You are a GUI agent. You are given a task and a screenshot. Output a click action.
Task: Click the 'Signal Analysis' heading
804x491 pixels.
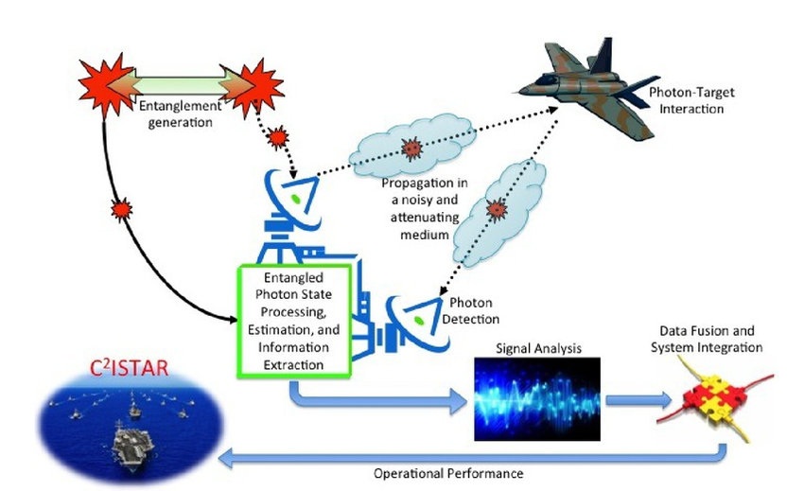(x=537, y=348)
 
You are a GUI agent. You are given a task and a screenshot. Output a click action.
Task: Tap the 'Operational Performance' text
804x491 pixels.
(x=446, y=472)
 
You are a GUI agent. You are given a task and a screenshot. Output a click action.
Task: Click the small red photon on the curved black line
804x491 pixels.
(x=119, y=206)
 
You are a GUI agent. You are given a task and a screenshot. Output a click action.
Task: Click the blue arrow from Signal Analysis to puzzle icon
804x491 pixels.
(x=633, y=398)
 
